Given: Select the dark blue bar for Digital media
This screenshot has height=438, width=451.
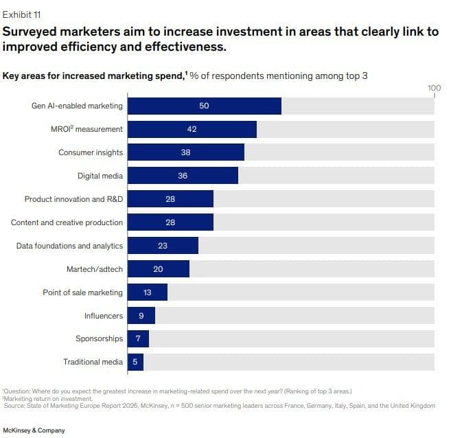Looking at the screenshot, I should pos(183,176).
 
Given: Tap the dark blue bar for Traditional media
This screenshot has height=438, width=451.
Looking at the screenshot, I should pos(136,362).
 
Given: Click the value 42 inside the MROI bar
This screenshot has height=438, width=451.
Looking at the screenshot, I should pos(192,129).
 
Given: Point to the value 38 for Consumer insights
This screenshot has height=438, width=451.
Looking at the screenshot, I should pos(185,152).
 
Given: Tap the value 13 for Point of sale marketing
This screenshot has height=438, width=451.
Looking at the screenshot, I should pos(148,292).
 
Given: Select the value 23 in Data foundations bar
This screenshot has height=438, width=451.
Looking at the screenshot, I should pos(163,246).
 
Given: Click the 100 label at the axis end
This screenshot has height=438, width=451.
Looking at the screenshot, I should pos(434,88).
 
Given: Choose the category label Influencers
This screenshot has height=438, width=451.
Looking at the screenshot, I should pos(104,316).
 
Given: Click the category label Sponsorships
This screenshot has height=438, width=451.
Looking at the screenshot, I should pos(100,338).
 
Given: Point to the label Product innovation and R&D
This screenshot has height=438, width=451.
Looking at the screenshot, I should pos(74,199).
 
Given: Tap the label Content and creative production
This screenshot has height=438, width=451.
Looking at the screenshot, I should pos(67,222).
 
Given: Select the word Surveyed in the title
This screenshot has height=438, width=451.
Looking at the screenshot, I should pos(33,32).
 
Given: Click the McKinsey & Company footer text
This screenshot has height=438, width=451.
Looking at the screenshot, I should pos(35,430).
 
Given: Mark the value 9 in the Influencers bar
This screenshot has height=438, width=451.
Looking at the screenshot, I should pos(141,316).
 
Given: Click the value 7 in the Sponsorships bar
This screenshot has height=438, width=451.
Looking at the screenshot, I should pos(138,338).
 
